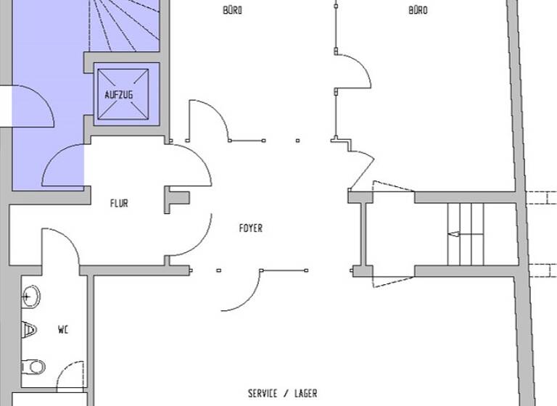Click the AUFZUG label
(x=119, y=95)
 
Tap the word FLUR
(x=119, y=204)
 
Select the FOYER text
(x=251, y=228)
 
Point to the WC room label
(x=63, y=329)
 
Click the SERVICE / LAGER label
(x=283, y=394)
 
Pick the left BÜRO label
(x=233, y=10)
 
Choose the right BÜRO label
(x=418, y=10)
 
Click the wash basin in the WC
(x=30, y=296)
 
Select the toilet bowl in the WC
(x=33, y=366)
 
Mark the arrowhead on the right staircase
(x=454, y=234)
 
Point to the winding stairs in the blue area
(x=123, y=25)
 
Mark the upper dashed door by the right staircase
(x=392, y=186)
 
